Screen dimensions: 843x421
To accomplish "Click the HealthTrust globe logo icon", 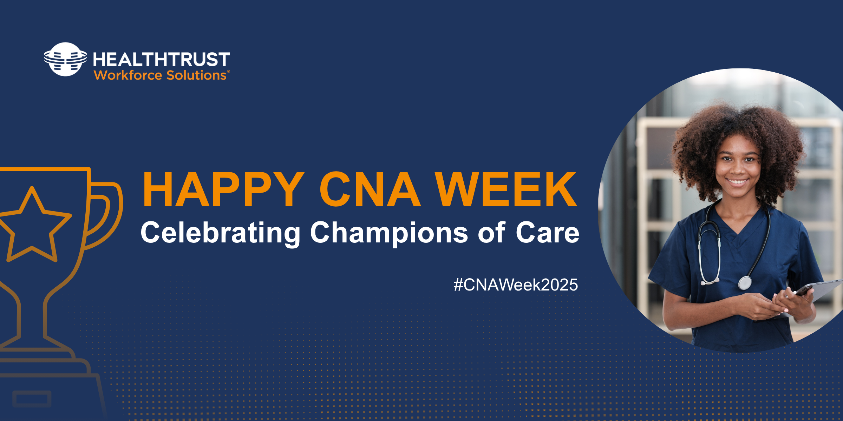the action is [65, 59].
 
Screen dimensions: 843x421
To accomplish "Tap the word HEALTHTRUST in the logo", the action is [162, 59].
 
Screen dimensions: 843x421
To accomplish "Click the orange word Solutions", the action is [196, 75].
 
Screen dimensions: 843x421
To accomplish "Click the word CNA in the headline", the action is [370, 189].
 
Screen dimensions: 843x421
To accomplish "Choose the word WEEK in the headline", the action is [506, 189].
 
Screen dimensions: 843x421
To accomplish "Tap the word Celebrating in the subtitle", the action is [221, 233].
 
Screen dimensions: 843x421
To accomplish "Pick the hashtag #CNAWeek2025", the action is [516, 285].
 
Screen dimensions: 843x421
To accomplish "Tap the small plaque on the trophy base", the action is [32, 399].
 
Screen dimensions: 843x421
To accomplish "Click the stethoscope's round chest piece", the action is [745, 283].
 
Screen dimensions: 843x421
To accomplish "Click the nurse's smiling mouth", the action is [737, 182].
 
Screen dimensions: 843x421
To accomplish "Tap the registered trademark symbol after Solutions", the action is [229, 72].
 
